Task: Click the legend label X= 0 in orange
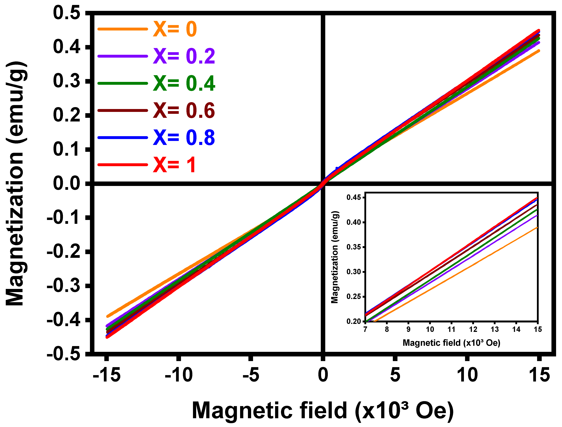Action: [x=175, y=29]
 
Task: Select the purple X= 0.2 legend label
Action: [x=184, y=56]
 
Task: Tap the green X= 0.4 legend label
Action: [x=184, y=83]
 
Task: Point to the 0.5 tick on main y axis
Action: [x=67, y=13]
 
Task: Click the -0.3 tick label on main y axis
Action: [x=64, y=286]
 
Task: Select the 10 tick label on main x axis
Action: [x=467, y=375]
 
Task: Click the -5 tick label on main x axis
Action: [x=251, y=375]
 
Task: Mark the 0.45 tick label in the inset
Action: [x=354, y=197]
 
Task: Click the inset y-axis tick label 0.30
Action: [x=354, y=272]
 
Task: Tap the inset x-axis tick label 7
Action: [x=365, y=329]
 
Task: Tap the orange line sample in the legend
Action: [x=123, y=29]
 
